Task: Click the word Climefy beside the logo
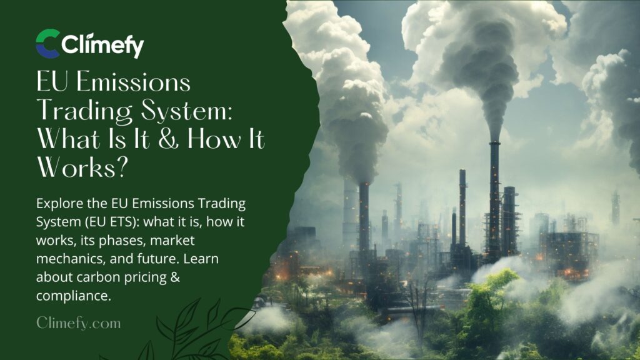(x=102, y=45)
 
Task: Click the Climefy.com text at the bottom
(x=78, y=322)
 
